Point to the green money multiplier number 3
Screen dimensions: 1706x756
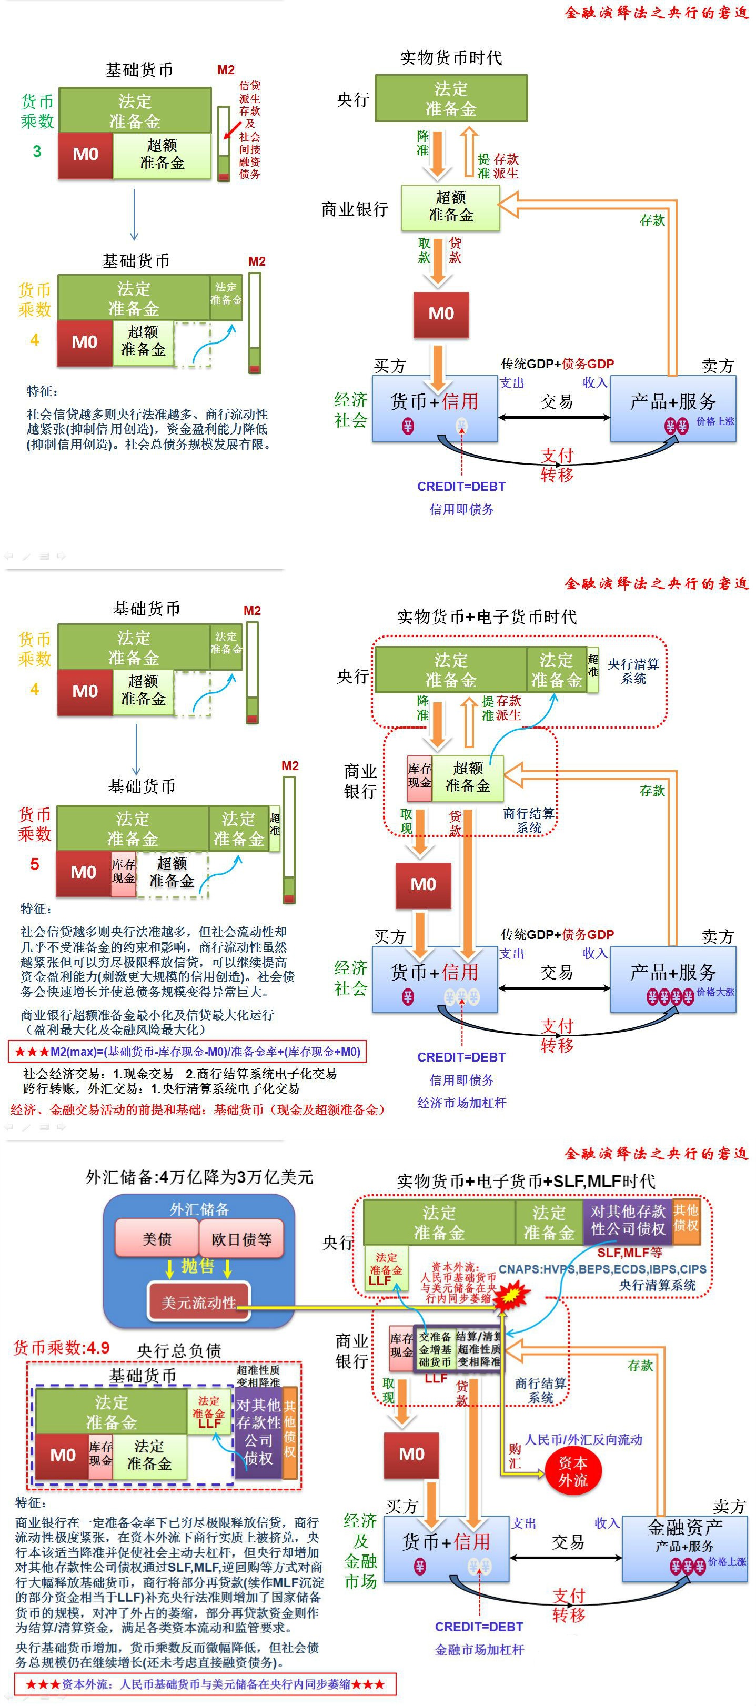point(37,152)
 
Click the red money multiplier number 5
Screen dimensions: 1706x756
point(34,864)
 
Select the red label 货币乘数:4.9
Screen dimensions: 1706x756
point(62,1348)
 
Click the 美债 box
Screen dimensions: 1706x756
point(157,1239)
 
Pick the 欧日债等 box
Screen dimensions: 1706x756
point(241,1239)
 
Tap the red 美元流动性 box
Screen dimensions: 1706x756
point(199,1303)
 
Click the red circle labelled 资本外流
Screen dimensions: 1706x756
point(572,1471)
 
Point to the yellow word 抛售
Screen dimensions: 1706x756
point(197,1266)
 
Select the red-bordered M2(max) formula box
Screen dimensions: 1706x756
point(187,1052)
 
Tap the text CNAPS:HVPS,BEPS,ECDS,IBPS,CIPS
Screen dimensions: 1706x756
point(602,1269)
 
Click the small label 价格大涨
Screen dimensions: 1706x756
point(715,992)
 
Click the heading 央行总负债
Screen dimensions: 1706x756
point(179,1350)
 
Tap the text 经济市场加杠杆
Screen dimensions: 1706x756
point(461,1103)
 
